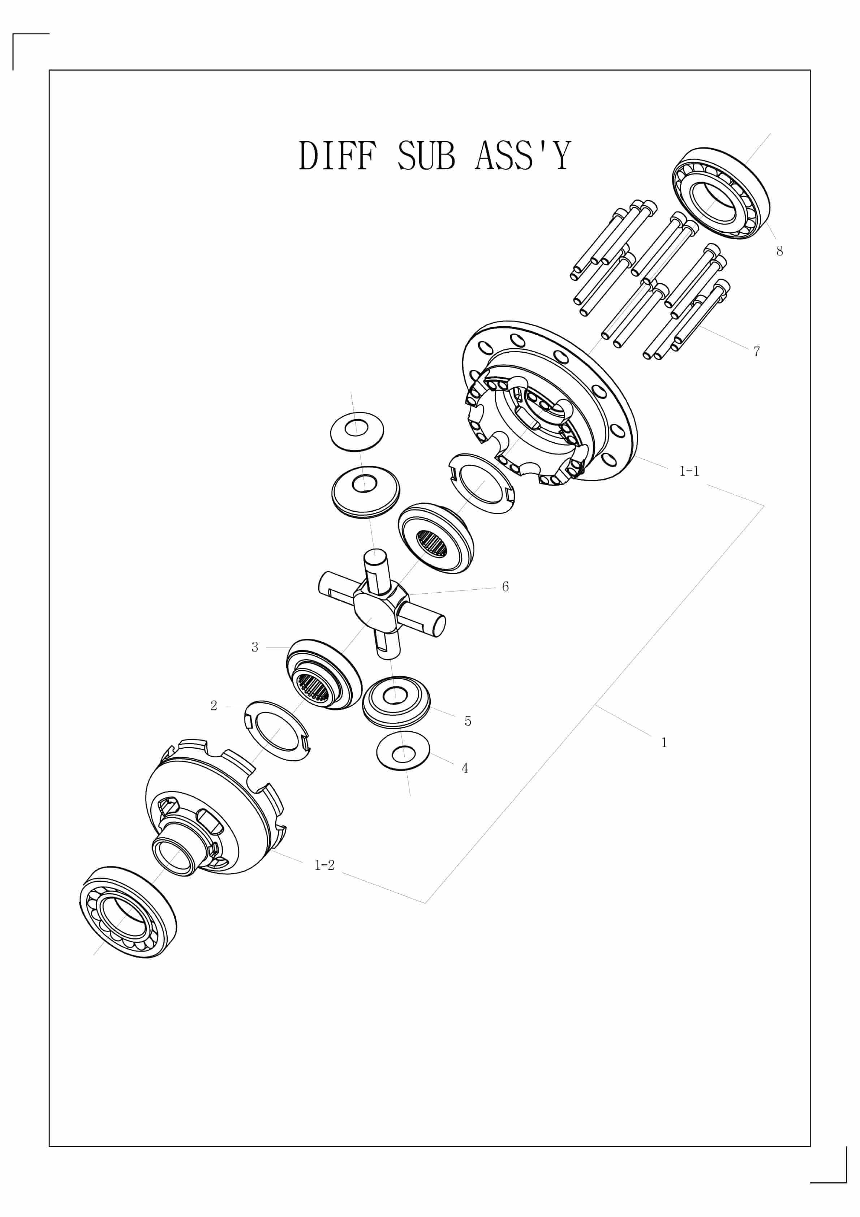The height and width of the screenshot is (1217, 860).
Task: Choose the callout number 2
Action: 214,705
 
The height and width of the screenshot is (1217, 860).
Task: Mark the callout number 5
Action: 467,721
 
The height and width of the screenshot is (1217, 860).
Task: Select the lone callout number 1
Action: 663,743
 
